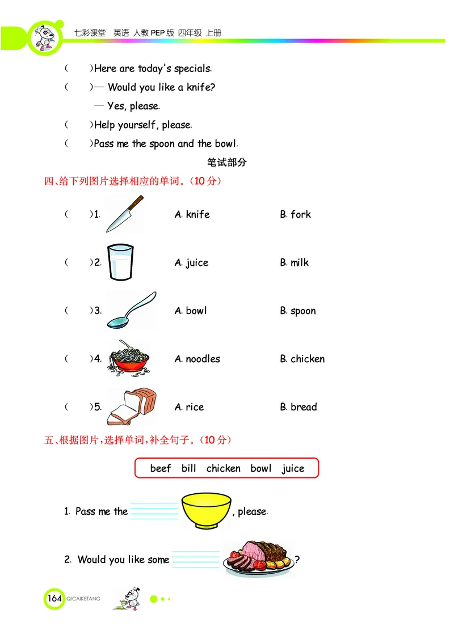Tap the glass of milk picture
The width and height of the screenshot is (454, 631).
pyautogui.click(x=120, y=262)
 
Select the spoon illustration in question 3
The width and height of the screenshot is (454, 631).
pyautogui.click(x=131, y=311)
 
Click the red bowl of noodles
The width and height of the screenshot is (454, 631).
pyautogui.click(x=129, y=359)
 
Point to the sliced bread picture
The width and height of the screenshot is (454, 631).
pyautogui.click(x=132, y=406)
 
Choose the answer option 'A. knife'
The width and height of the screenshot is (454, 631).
pyautogui.click(x=192, y=214)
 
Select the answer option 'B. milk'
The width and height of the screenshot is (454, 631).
pyautogui.click(x=294, y=262)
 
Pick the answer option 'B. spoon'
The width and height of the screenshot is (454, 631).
pyautogui.click(x=297, y=311)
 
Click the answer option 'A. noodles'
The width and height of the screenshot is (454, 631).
pyautogui.click(x=197, y=359)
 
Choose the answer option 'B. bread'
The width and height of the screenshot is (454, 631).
pyautogui.click(x=298, y=407)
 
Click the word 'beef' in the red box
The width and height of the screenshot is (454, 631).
pyautogui.click(x=161, y=468)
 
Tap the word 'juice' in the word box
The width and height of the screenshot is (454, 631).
pyautogui.click(x=293, y=468)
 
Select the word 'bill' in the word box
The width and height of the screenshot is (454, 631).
pyautogui.click(x=189, y=468)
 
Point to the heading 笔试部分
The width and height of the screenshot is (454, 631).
pyautogui.click(x=227, y=163)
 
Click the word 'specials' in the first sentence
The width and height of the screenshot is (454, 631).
pyautogui.click(x=193, y=69)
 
